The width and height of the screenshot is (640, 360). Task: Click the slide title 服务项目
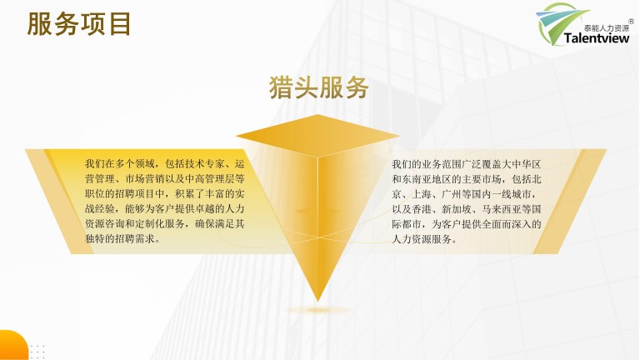pos(79,24)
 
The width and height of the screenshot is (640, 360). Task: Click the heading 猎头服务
pos(319,87)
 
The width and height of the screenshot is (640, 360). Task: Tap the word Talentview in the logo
pos(597,38)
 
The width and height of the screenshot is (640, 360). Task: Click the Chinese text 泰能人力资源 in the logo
pos(607,28)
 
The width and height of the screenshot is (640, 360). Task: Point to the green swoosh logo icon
pos(559,22)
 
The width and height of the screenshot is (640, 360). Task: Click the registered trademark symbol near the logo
pos(631,21)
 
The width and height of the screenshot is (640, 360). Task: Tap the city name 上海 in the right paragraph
pos(422,194)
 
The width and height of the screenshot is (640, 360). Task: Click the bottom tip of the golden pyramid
pos(318,302)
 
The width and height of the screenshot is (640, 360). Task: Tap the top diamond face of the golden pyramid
pos(317,136)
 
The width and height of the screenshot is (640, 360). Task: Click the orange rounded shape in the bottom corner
pos(13,345)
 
